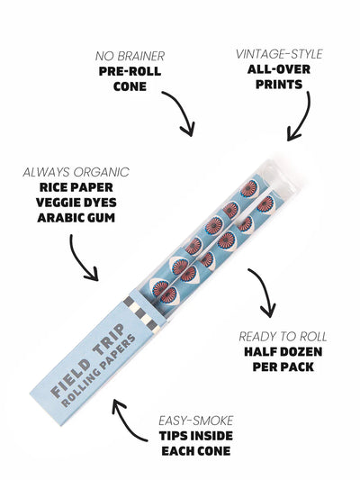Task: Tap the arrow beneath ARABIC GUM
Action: point(86,262)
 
